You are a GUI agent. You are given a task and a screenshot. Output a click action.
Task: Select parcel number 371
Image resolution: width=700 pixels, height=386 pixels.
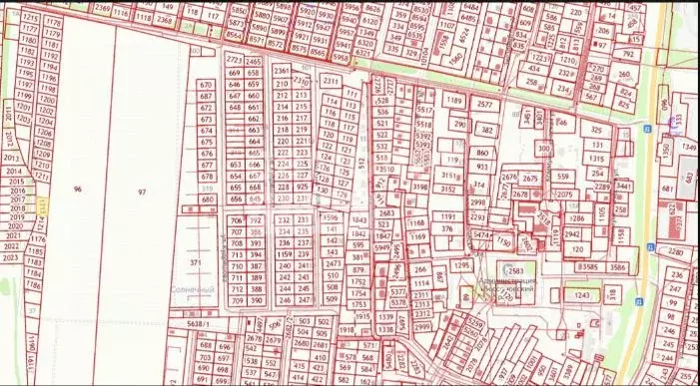[x=195, y=261]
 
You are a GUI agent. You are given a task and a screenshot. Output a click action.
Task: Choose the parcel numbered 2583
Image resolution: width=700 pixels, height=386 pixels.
[x=515, y=270]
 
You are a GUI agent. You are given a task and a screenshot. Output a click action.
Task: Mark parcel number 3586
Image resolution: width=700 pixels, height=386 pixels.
[x=617, y=267]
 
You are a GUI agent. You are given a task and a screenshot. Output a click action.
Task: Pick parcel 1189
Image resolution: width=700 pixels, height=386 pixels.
[x=454, y=101]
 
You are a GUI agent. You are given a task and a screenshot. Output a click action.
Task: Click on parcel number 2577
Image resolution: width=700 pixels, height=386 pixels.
[x=485, y=105]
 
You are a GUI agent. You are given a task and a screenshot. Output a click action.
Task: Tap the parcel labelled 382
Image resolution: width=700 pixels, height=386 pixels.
[x=486, y=130]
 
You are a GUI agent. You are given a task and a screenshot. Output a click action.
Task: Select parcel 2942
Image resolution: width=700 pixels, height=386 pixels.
[x=572, y=234]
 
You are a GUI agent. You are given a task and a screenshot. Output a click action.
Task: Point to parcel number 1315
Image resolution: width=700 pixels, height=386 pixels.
[x=596, y=158]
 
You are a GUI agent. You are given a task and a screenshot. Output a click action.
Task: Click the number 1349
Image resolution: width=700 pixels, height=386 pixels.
[x=688, y=147]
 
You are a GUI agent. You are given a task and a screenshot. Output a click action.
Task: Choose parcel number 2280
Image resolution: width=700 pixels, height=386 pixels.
[x=676, y=252]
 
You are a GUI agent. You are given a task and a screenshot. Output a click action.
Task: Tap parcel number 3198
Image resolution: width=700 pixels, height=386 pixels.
[x=418, y=187]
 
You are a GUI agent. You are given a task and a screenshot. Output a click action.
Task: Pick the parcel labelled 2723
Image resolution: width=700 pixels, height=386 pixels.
[x=236, y=61]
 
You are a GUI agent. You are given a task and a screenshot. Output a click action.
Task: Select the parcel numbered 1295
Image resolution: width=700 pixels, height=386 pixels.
[x=460, y=265]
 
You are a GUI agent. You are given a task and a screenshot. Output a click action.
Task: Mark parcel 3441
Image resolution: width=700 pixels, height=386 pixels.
[x=623, y=187]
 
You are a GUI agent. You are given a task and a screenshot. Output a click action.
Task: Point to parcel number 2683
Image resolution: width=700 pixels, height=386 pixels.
[x=387, y=212]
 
